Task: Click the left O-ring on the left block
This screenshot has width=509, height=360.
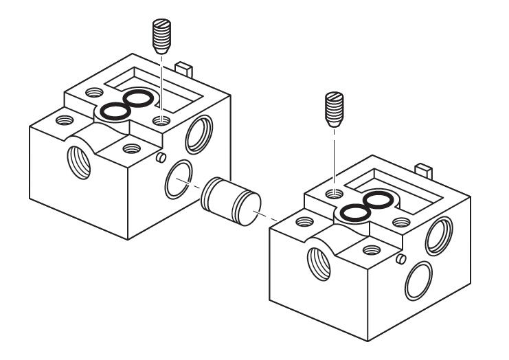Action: click(113, 111)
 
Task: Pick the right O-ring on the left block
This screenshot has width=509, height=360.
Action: click(140, 100)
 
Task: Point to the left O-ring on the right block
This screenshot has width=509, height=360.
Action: click(355, 212)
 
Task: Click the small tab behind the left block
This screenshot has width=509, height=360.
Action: click(183, 68)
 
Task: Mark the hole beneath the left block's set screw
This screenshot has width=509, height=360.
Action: click(160, 122)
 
